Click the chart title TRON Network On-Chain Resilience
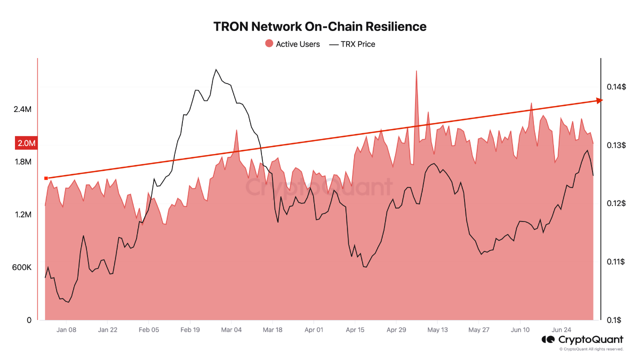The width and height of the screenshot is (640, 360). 320,26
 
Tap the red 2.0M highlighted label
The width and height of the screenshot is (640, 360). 26,143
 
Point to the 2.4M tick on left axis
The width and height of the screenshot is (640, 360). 22,109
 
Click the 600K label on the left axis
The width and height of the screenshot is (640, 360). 22,267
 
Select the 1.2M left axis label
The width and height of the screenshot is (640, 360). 22,214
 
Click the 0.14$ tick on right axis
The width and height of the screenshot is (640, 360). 616,87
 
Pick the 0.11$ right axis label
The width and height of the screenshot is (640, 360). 616,261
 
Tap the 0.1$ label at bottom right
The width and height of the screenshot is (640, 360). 614,320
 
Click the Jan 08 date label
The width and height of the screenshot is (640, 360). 66,330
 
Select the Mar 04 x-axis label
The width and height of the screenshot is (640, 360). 231,330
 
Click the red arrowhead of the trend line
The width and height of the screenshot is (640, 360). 599,100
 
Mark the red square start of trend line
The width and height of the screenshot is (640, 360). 46,178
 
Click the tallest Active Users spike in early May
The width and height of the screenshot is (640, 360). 416,71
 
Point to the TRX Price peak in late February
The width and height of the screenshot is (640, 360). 215,70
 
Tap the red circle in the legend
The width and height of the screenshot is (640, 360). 269,44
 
